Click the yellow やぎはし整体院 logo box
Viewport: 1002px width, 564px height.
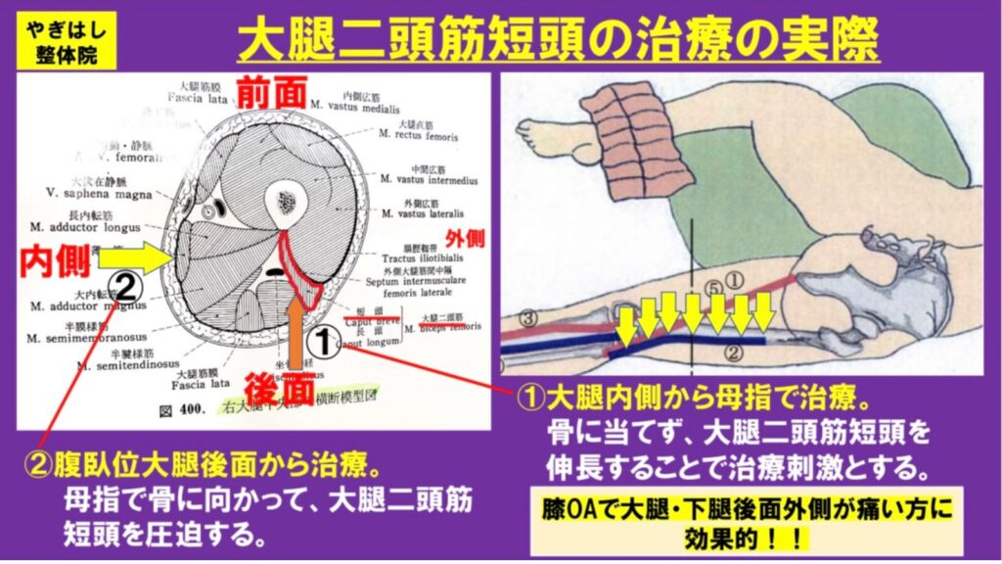[60, 41]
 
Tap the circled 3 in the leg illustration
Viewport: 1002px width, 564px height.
[527, 316]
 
